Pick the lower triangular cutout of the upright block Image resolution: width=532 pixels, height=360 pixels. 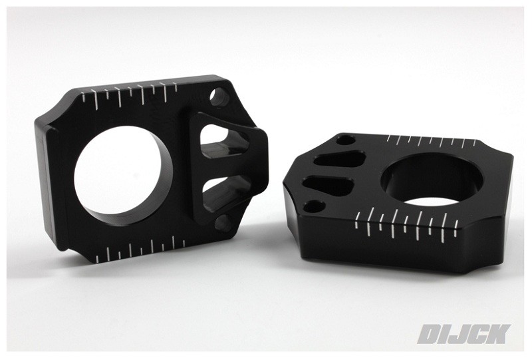[x=222, y=193]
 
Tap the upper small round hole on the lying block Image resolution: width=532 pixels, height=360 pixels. [x=346, y=139]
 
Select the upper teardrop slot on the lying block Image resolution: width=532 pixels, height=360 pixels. [x=339, y=158]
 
